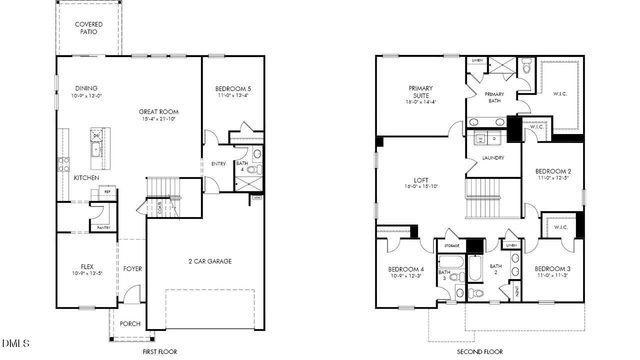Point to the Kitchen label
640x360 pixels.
coord(86,178)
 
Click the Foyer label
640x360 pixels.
coord(132,268)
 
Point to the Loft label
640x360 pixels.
coord(420,182)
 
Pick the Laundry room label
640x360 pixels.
coord(492,157)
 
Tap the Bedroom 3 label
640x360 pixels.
coord(553,269)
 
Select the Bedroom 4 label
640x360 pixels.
coord(406,269)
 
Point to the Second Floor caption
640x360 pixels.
coord(480,353)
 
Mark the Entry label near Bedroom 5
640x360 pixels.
coord(218,164)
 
